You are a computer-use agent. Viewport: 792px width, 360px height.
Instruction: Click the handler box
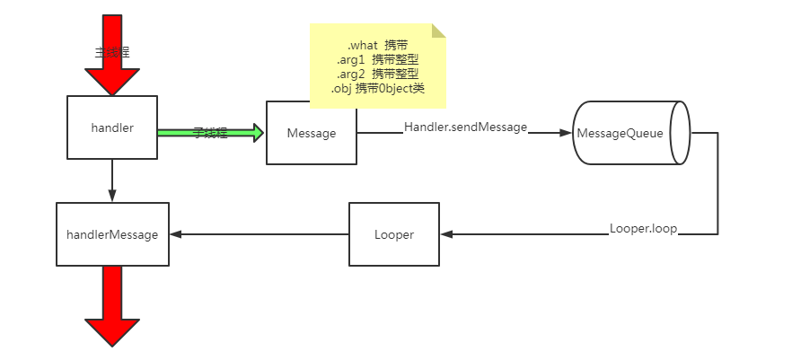point(112,127)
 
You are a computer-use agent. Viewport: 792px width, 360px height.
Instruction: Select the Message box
point(311,133)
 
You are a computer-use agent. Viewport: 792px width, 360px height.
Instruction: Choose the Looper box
point(393,234)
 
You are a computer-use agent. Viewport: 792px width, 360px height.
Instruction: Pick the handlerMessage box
point(112,234)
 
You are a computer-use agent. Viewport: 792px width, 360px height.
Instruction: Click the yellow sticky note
point(378,66)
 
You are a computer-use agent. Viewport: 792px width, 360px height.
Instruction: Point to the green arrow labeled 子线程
point(210,133)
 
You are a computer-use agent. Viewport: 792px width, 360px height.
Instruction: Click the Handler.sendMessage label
point(465,127)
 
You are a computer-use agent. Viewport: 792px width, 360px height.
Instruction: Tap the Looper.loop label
point(643,229)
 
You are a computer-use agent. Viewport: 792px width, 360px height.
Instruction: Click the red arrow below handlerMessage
point(112,305)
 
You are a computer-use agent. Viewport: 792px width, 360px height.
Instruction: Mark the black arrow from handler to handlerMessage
point(112,180)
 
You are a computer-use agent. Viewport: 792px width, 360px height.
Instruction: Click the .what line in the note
point(377,45)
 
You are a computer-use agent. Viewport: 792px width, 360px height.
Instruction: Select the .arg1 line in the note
point(377,59)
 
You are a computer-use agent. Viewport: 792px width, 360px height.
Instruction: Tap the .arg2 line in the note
point(377,74)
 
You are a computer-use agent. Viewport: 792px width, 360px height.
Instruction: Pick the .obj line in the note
point(377,88)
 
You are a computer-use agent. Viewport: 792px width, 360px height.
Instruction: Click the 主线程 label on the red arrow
point(111,52)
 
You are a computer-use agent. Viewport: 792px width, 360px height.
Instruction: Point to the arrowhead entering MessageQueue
point(566,133)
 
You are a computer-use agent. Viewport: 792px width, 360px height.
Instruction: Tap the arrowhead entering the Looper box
point(446,234)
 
